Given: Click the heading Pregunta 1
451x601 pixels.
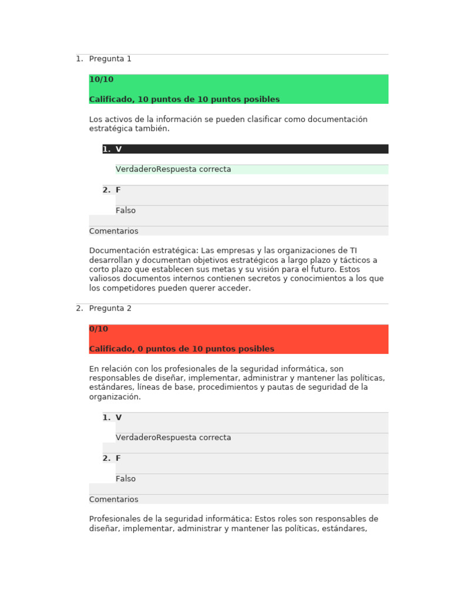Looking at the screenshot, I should click(x=110, y=59).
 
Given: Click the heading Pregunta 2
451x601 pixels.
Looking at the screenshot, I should click(x=110, y=308).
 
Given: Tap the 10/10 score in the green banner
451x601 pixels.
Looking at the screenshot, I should click(x=101, y=80).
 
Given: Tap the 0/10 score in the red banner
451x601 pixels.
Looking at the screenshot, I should click(x=99, y=329).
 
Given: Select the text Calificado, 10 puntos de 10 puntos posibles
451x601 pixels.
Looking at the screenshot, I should click(x=184, y=100).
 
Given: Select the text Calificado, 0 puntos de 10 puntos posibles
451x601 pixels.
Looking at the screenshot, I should click(x=181, y=349).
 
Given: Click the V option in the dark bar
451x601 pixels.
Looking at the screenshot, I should click(x=119, y=150).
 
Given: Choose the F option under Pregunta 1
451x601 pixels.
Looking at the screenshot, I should click(x=118, y=190).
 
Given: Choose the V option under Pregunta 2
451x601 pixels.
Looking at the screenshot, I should click(x=119, y=418).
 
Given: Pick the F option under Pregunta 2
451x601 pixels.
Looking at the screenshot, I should click(x=118, y=458).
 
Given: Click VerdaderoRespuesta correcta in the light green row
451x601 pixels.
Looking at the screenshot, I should click(x=173, y=170).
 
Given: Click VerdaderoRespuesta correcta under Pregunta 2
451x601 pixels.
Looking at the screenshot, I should click(x=173, y=438).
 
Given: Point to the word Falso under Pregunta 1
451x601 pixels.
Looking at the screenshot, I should click(x=126, y=211).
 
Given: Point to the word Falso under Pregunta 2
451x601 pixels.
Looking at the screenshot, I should click(x=126, y=479).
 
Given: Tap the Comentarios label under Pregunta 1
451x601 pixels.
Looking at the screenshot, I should click(x=114, y=231).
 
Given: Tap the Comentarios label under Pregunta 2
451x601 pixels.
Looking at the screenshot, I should click(x=114, y=499).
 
